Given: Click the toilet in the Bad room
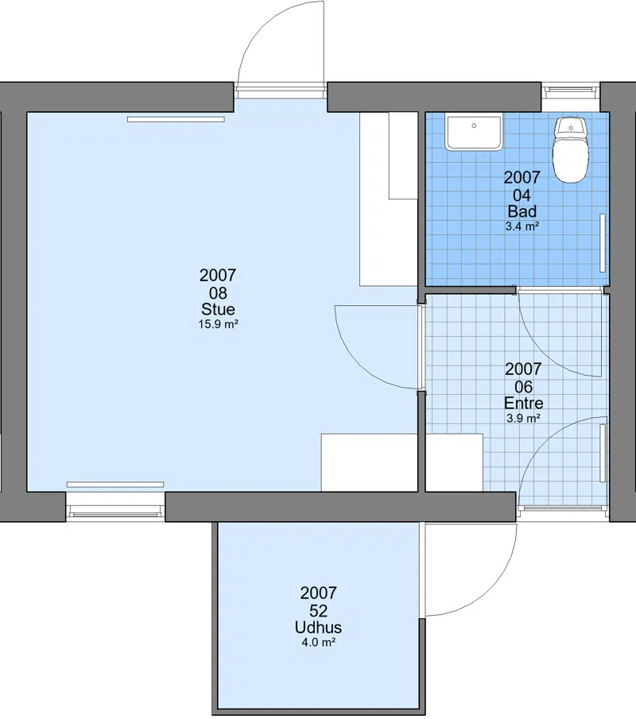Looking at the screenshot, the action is coord(570,150).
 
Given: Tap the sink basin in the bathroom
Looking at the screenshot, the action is coord(474,133).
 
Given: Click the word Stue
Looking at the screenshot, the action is coord(218,309).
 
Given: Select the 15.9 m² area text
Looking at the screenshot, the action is coord(218,324).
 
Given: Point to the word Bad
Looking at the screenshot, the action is coord(522,211).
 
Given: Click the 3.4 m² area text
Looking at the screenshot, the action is coord(522,226).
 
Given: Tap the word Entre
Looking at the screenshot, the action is coord(524,403).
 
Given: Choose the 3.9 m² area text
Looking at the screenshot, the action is coord(524,418).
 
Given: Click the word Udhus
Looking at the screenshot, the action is coord(319,628).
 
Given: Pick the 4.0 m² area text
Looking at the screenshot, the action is coord(319,643).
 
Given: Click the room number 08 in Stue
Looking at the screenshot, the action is coord(218,293).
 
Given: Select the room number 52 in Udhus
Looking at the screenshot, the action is coord(319,611).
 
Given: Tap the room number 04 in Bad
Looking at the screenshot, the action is coord(522,195).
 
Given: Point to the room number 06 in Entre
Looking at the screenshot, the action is coord(524,387).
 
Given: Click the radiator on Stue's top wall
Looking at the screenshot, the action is coord(176,120).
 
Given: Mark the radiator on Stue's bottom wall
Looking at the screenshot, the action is coord(115,484).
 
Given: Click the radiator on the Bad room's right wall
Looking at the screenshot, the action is coord(603,243).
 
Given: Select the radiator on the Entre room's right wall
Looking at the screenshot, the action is coord(603,453).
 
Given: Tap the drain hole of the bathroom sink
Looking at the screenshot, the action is coord(474,126).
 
